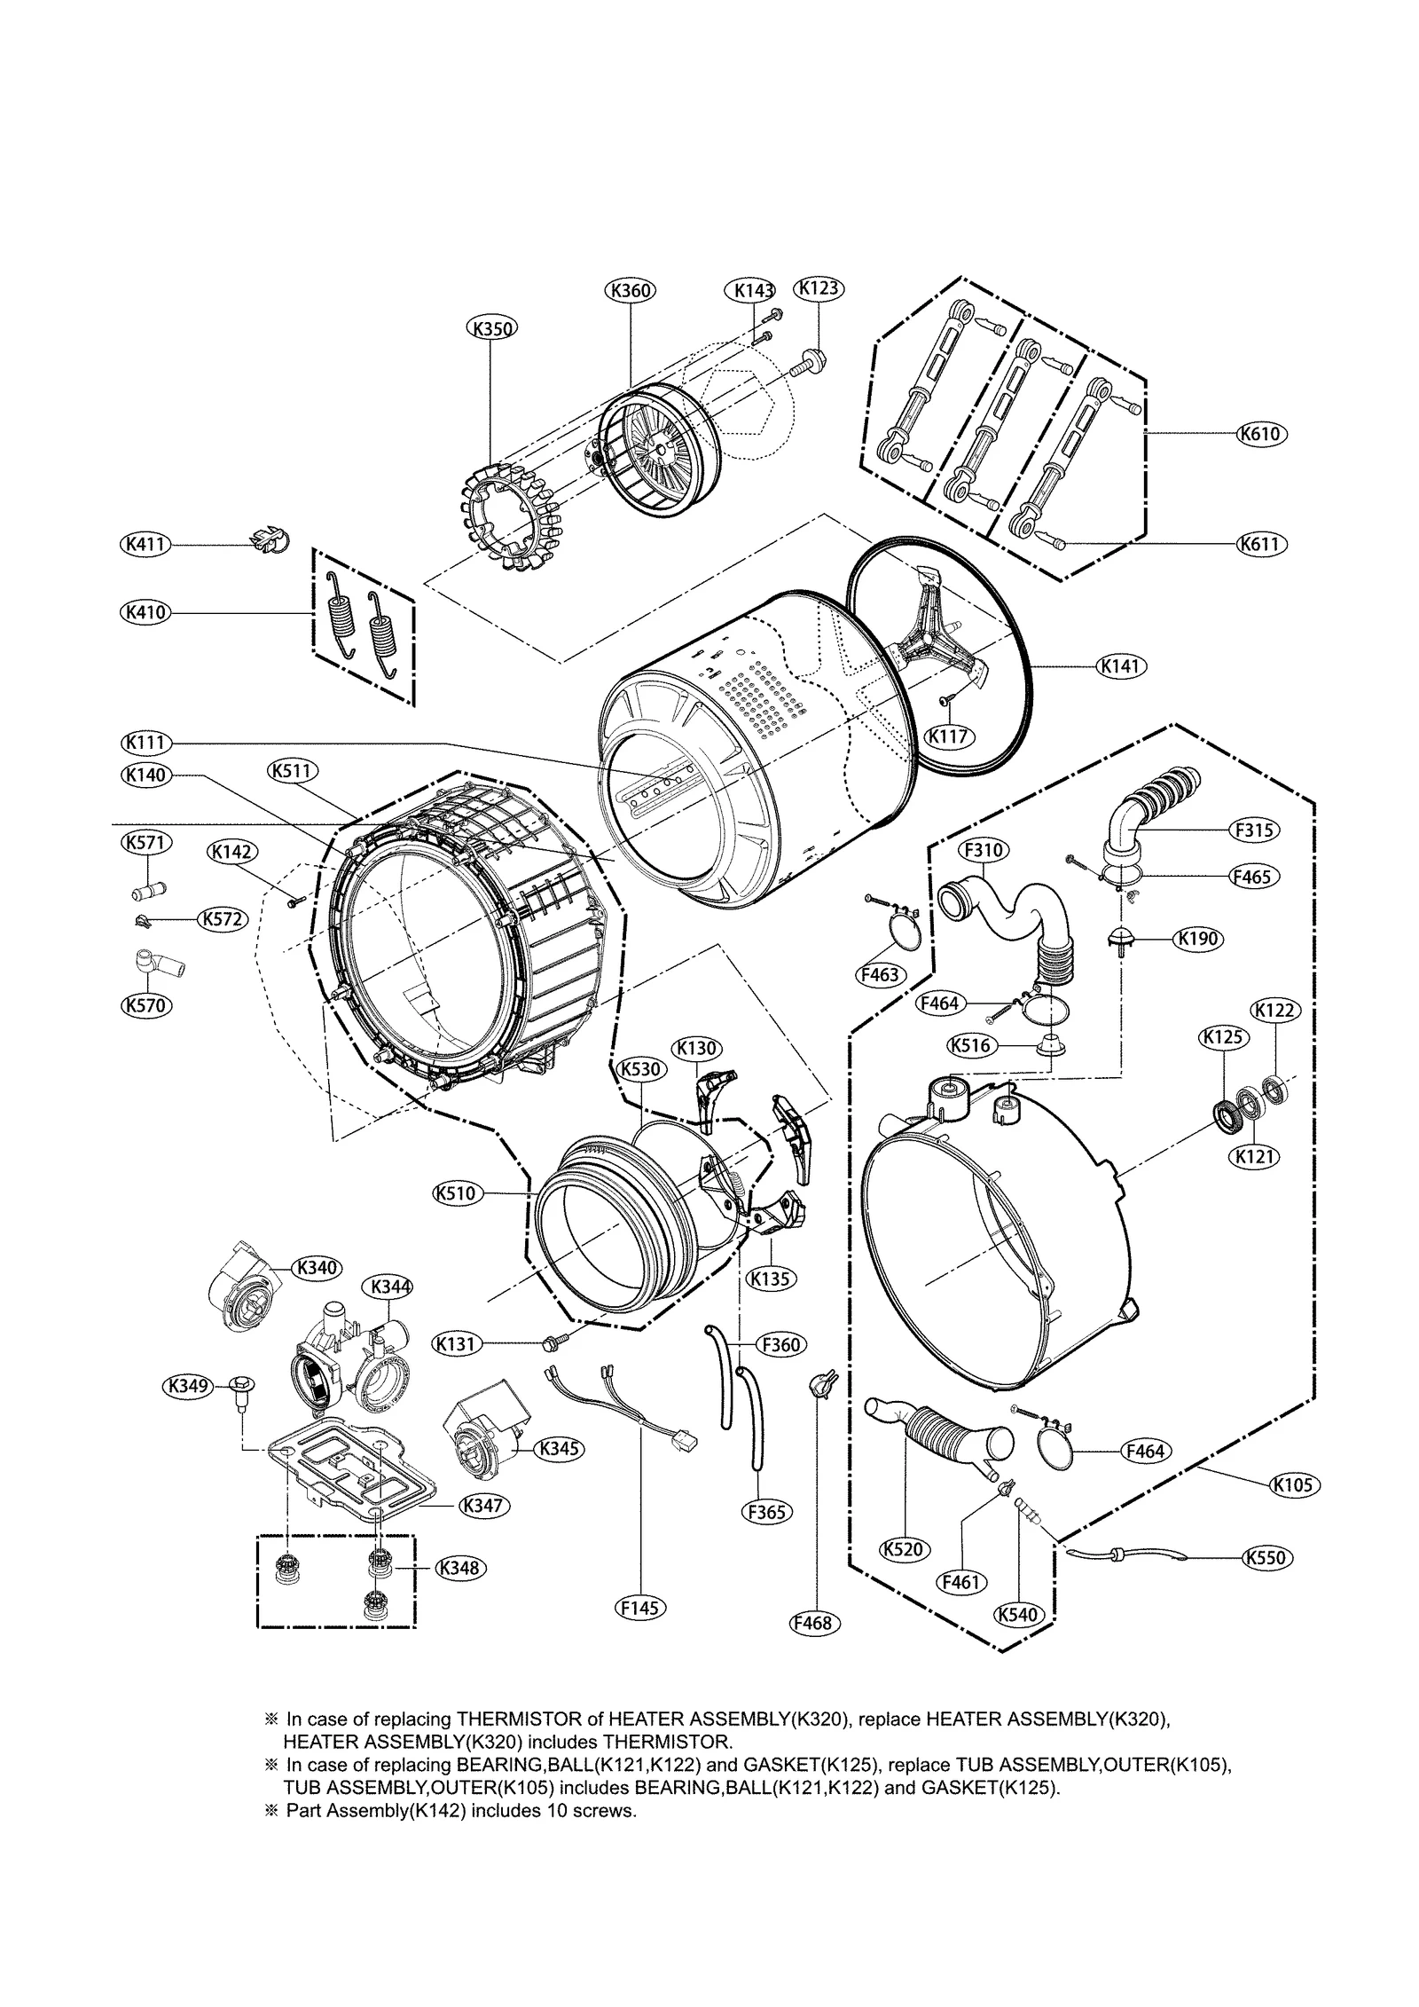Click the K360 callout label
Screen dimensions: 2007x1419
[631, 290]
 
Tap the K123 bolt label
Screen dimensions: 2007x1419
[818, 288]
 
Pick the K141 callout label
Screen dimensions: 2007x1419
[1122, 665]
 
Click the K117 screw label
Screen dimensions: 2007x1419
[949, 736]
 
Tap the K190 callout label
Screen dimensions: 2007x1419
[1197, 939]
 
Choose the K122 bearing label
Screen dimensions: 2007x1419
[1275, 1010]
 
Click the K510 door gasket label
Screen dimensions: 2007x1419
[459, 1193]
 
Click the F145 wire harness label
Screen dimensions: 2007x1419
[642, 1608]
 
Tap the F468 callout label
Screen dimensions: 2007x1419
[814, 1623]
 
